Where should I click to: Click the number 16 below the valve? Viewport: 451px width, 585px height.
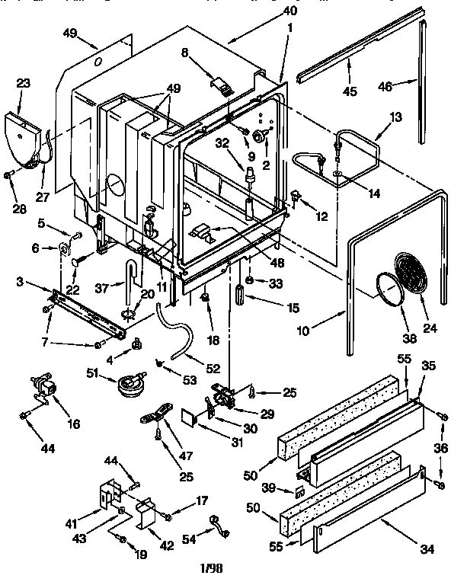click(x=73, y=423)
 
